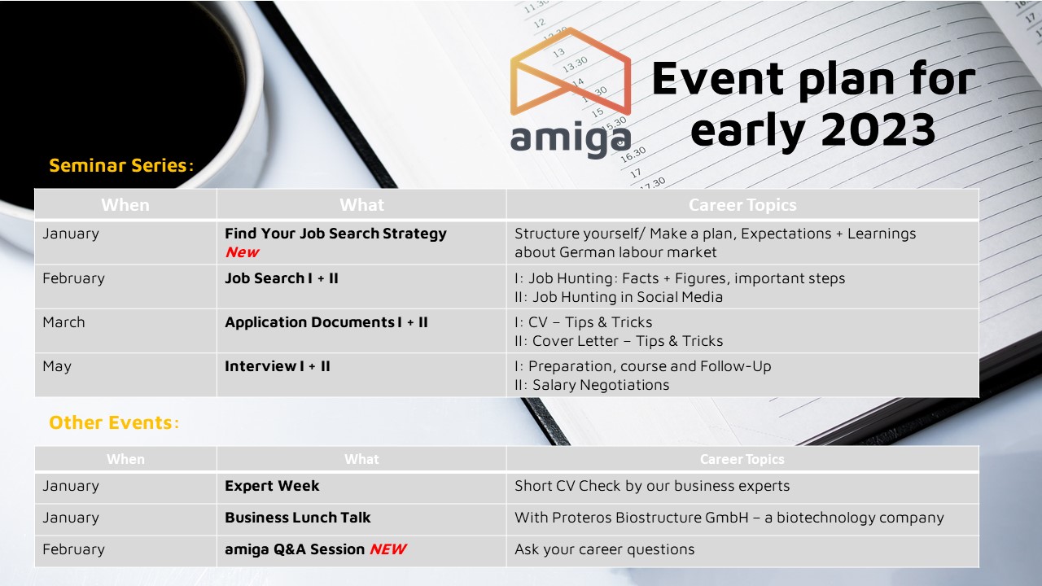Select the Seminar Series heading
[x=121, y=165]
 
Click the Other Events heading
[x=114, y=422]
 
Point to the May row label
[x=57, y=367]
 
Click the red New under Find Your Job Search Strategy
[x=243, y=252]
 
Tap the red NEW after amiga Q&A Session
[x=388, y=549]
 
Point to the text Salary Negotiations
[x=601, y=385]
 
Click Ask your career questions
[x=604, y=549]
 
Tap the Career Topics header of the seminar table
[x=742, y=205]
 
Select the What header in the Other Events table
[x=362, y=459]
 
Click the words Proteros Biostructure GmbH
[x=650, y=517]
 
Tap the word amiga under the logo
[x=571, y=138]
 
